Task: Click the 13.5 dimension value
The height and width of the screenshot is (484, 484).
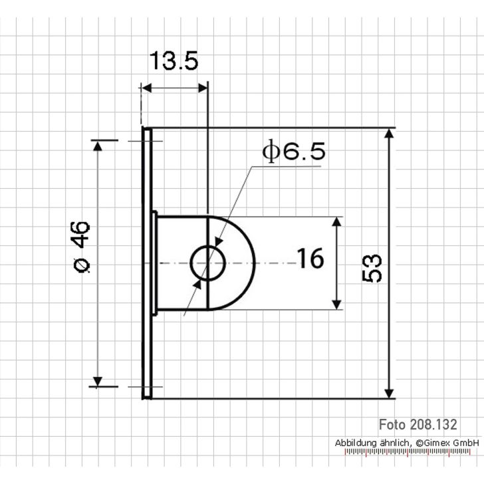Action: click(173, 61)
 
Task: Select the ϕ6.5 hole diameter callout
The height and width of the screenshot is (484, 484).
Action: click(295, 152)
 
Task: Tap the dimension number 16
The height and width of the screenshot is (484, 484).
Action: click(310, 259)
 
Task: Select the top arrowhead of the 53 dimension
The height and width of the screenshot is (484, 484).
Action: click(390, 134)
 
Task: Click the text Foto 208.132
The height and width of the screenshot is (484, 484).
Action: click(418, 424)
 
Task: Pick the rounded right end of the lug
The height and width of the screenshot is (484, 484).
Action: click(246, 263)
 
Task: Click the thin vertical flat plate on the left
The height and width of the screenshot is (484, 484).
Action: click(147, 263)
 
